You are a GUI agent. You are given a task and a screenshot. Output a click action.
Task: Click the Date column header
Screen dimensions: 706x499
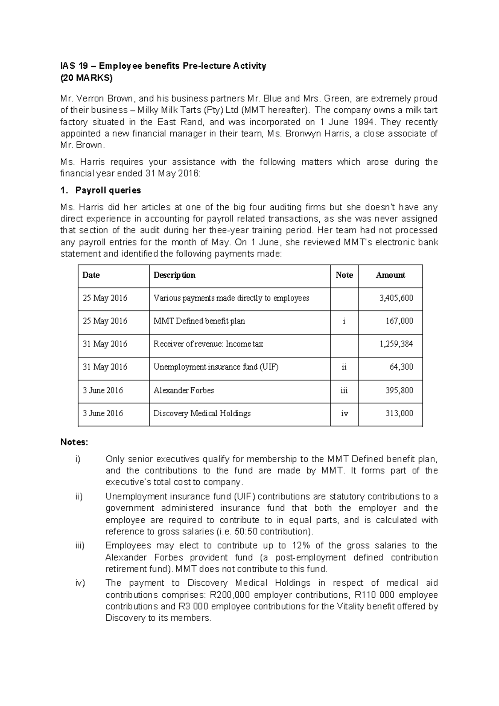coord(91,275)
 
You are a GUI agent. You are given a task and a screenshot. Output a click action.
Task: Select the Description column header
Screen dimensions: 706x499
coord(174,275)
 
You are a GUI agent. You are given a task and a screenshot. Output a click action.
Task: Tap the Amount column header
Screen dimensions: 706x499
coord(390,275)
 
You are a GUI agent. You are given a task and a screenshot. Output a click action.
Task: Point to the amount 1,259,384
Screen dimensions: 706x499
coord(396,344)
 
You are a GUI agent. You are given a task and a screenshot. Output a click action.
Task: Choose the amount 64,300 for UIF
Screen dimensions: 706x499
coord(401,367)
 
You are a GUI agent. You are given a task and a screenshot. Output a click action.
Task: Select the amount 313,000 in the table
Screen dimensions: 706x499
coord(399,413)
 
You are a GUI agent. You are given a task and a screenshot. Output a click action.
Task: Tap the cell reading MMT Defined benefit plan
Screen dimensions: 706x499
coord(199,321)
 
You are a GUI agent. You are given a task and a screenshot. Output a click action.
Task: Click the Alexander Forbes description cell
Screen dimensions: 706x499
coord(184,390)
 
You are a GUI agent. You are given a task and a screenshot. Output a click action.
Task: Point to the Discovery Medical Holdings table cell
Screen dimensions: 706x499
coord(202,413)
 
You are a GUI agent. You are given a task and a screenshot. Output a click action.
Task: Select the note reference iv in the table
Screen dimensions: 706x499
coord(344,413)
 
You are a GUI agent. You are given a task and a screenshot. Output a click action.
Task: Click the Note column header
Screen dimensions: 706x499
coord(344,275)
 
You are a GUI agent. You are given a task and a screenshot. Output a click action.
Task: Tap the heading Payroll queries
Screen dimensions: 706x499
coord(108,190)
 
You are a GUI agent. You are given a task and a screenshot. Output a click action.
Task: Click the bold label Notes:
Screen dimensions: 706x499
coord(74,442)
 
